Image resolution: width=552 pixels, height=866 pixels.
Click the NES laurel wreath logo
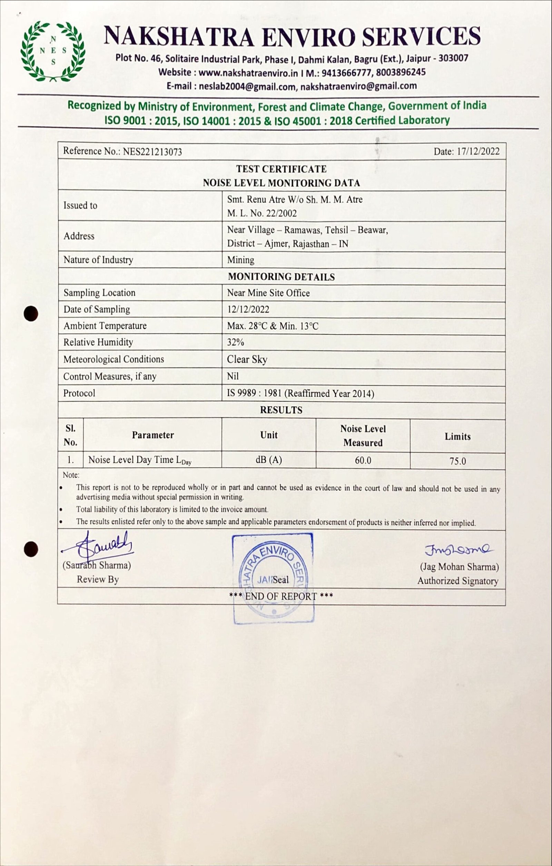[x=53, y=51]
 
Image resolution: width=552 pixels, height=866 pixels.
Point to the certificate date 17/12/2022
[x=478, y=151]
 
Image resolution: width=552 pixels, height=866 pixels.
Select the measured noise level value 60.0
[x=363, y=460]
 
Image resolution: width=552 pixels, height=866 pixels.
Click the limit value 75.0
[x=457, y=461]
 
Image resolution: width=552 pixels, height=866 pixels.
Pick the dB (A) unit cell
[x=269, y=460]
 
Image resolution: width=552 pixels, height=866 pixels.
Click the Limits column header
[x=457, y=436]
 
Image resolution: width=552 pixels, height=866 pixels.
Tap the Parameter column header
[x=153, y=435]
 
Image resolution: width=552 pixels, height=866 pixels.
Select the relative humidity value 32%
[x=236, y=343]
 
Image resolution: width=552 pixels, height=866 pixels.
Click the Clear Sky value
[x=247, y=359]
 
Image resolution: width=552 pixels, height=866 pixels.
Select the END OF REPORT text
[x=281, y=596]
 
